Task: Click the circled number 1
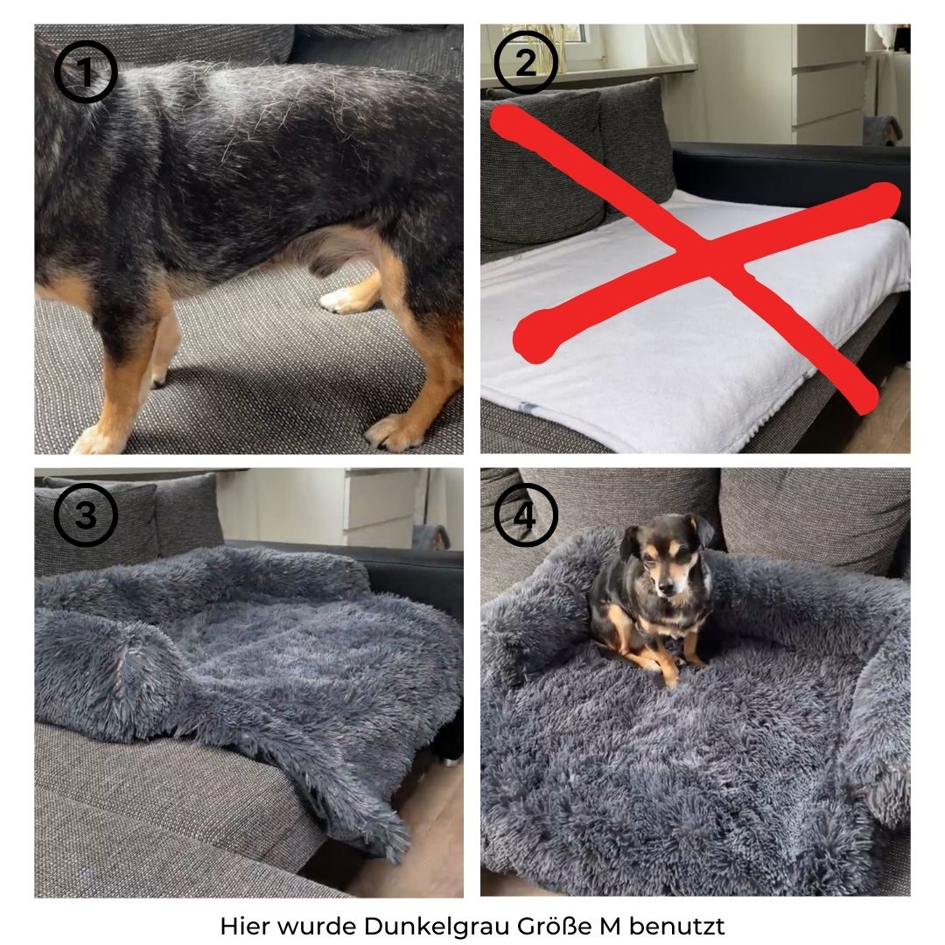coord(86,71)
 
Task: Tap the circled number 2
coord(526,62)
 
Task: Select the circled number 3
coord(86,514)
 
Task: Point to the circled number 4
coord(526,514)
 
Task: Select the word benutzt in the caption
coord(676,925)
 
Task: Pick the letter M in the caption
coord(609,926)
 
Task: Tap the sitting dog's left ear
coord(703,530)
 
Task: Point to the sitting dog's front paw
coord(671,681)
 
